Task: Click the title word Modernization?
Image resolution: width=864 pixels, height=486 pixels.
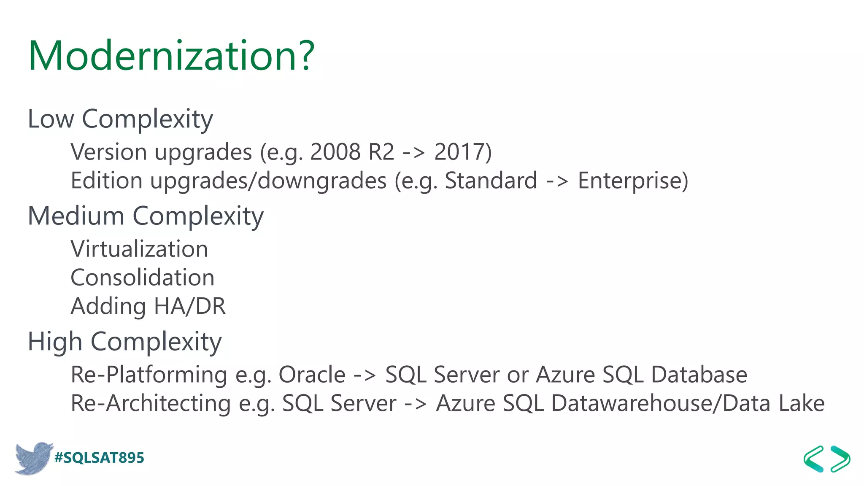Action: tap(171, 56)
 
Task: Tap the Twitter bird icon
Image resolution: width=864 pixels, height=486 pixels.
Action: tap(34, 458)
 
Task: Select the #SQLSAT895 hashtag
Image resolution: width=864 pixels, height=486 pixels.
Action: tap(100, 458)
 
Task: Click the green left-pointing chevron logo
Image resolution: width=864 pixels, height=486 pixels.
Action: tap(814, 459)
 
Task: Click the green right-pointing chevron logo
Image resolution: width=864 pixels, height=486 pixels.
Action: tap(840, 459)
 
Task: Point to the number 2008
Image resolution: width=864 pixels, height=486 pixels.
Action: tap(335, 152)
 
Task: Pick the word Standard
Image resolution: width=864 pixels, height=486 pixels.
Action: tap(491, 181)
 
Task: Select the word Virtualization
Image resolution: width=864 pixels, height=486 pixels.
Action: tap(139, 249)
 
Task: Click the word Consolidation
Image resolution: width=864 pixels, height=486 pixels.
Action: tap(143, 278)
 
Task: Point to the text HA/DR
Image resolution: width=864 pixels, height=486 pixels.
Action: tap(190, 306)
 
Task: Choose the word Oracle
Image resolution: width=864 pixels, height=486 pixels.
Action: tap(312, 375)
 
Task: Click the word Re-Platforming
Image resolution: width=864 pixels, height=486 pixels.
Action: tap(149, 375)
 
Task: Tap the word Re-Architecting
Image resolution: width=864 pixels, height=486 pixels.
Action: tap(151, 403)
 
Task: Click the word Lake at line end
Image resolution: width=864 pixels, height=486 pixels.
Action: tap(802, 403)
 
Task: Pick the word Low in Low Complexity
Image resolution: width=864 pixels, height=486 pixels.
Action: tap(51, 119)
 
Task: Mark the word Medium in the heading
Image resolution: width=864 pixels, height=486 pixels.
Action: tap(76, 216)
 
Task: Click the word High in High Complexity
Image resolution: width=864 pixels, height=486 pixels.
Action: tap(55, 341)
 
